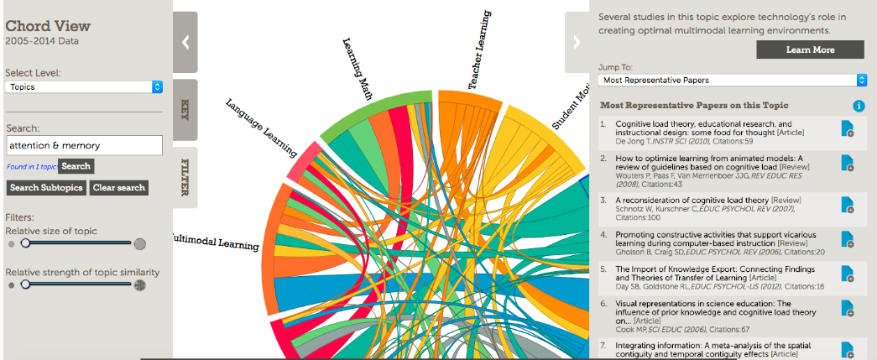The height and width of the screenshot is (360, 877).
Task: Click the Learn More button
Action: pyautogui.click(x=810, y=50)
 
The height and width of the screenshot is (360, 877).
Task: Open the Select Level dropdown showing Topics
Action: pyautogui.click(x=84, y=86)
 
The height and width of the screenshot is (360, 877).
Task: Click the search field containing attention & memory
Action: pyautogui.click(x=84, y=145)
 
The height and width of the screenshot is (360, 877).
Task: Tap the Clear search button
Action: pyautogui.click(x=118, y=187)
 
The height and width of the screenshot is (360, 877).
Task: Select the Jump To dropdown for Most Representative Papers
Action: pyautogui.click(x=732, y=80)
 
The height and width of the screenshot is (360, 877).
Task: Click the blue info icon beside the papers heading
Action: pyautogui.click(x=859, y=106)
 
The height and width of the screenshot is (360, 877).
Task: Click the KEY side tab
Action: pyautogui.click(x=185, y=109)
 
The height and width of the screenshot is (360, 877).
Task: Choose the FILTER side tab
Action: pyautogui.click(x=185, y=177)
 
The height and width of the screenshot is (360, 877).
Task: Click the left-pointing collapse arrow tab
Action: pyautogui.click(x=185, y=43)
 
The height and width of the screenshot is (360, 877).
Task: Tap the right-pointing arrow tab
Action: pyautogui.click(x=577, y=42)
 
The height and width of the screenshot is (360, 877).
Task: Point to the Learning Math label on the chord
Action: pyautogui.click(x=358, y=69)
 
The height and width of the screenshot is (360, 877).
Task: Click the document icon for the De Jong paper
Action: pyautogui.click(x=847, y=128)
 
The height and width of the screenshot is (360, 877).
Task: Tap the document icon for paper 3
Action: pyautogui.click(x=847, y=205)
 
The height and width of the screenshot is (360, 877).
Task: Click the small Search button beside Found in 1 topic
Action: pyautogui.click(x=76, y=166)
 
